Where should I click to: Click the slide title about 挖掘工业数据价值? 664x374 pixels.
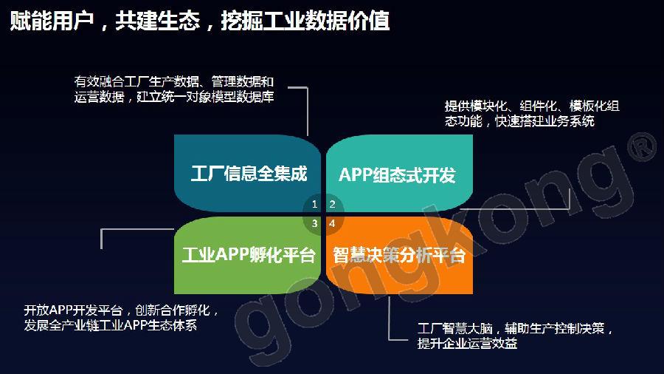199,20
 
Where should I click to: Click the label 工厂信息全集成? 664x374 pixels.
249,174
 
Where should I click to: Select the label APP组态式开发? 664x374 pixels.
397,174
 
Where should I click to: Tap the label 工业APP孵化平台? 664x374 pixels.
249,254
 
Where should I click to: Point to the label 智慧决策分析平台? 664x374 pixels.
399,255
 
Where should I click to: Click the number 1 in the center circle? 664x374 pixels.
314,205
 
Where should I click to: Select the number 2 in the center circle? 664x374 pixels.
333,205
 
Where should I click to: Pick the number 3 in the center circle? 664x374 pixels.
314,223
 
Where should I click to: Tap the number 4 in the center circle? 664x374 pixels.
333,223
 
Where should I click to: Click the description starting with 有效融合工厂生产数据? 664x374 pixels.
174,89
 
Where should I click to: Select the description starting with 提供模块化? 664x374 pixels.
532,114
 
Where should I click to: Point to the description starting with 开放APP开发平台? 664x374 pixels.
122,318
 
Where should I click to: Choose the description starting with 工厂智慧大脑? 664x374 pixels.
515,336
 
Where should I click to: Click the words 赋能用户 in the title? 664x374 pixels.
52,21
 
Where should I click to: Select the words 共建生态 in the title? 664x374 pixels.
158,21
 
